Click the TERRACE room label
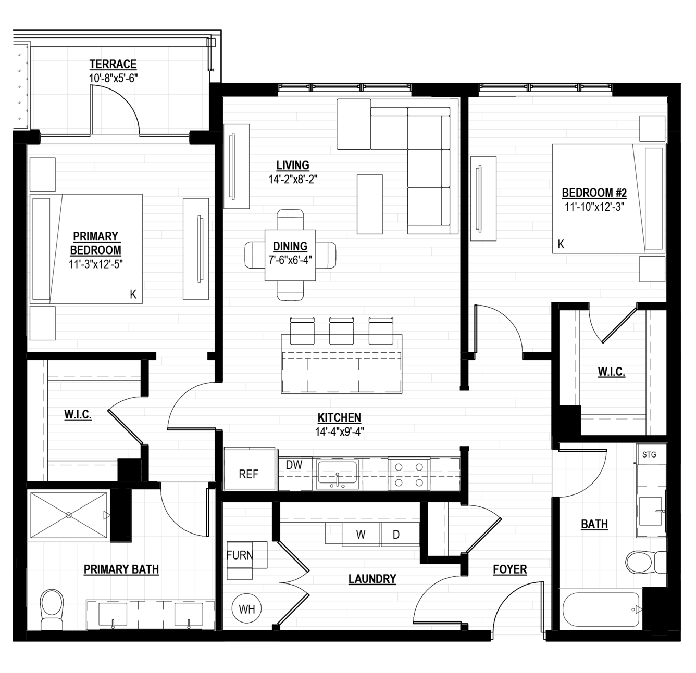point(113,64)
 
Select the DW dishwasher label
point(294,465)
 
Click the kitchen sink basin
point(337,473)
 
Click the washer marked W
point(361,535)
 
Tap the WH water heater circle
point(246,608)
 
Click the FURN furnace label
point(240,555)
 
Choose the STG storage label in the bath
point(649,454)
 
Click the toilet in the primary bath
point(52,609)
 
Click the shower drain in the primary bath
point(69,515)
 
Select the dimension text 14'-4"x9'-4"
point(340,432)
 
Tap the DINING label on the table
point(290,246)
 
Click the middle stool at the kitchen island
point(342,331)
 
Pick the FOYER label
point(509,569)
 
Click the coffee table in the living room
point(370,204)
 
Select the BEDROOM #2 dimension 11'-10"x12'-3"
point(594,207)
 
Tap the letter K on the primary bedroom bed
point(133,295)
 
